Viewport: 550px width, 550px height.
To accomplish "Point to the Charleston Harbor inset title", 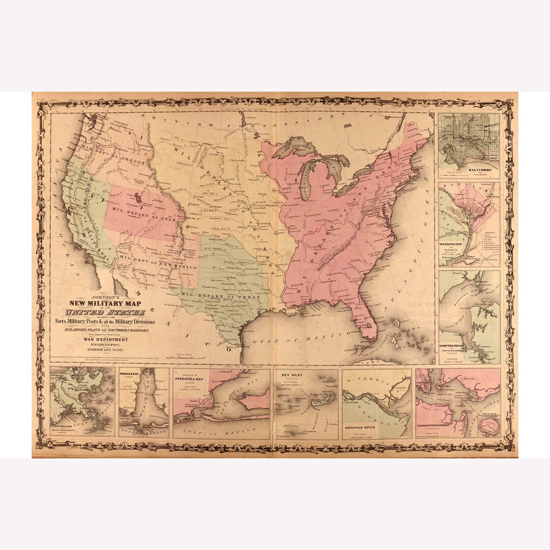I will [x=433, y=425].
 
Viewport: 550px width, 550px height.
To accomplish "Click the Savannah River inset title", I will [x=359, y=427].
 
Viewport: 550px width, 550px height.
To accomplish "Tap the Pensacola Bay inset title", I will [x=190, y=379].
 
